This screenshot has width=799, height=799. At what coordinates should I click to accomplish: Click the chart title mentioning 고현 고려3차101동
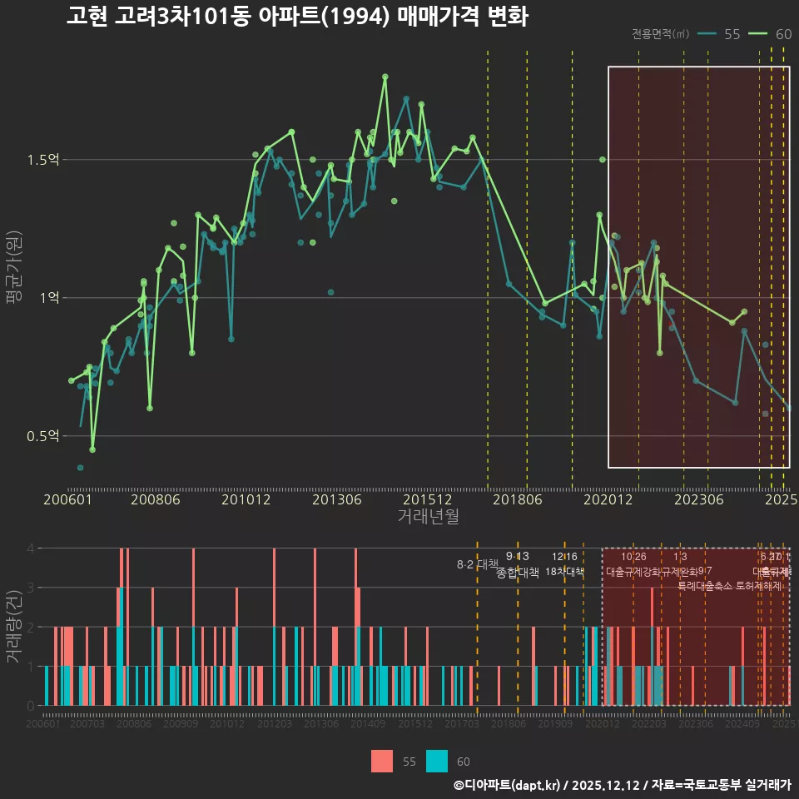297,17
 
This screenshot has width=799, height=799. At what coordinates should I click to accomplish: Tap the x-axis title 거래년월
428,517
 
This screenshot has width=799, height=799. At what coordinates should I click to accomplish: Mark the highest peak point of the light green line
385,77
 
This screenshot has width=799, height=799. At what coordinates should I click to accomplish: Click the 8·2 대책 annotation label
477,564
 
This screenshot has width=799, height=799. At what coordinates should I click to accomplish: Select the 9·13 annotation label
517,557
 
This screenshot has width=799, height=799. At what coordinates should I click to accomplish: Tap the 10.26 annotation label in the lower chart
633,557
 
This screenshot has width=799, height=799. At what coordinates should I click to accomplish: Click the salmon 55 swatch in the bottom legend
382,761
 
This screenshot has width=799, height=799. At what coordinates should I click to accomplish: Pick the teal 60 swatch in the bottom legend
437,761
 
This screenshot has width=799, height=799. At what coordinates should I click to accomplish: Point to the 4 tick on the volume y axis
31,548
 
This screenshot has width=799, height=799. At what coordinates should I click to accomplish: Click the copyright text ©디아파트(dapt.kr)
508,785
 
